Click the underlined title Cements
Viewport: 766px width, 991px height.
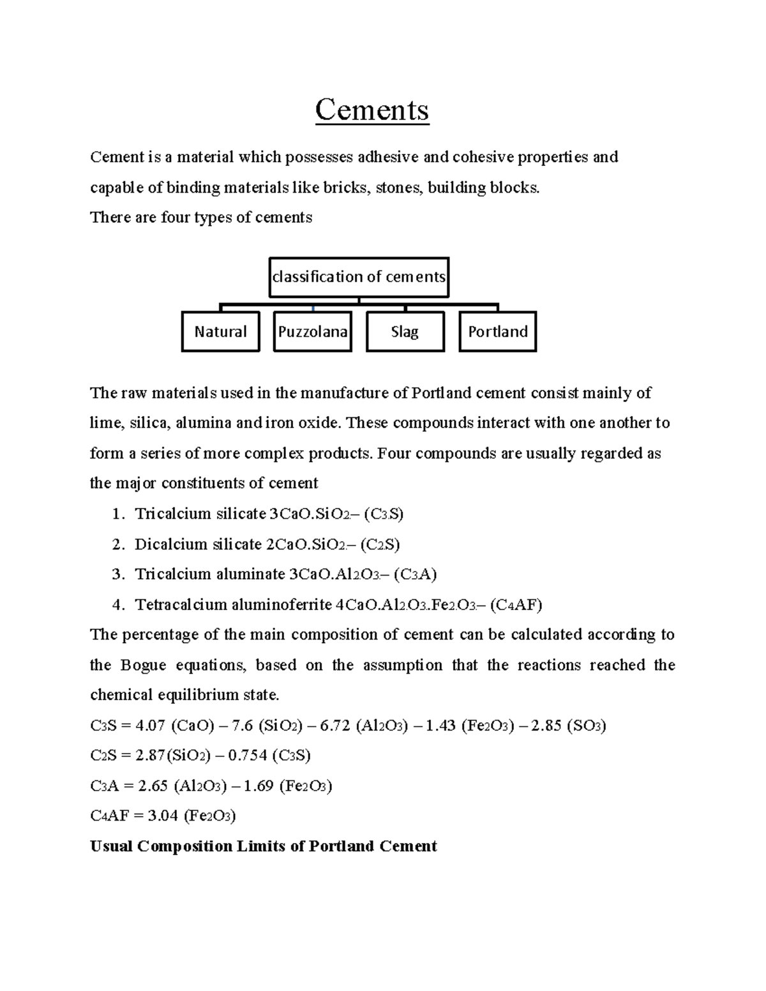pyautogui.click(x=372, y=110)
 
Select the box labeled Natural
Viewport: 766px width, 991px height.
pyautogui.click(x=220, y=332)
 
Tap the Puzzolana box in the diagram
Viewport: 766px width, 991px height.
pyautogui.click(x=313, y=332)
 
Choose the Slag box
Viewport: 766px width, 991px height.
pyautogui.click(x=405, y=332)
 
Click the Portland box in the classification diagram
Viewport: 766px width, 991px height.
pyautogui.click(x=498, y=332)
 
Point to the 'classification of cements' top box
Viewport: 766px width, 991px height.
pyautogui.click(x=359, y=277)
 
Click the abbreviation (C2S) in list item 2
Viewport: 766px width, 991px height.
pyautogui.click(x=380, y=544)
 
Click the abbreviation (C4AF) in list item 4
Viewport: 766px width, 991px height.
pyautogui.click(x=516, y=605)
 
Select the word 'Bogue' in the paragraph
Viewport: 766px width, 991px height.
pyautogui.click(x=143, y=666)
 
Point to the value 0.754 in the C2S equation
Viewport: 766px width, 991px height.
pyautogui.click(x=247, y=756)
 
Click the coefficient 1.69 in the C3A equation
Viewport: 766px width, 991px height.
pyautogui.click(x=259, y=786)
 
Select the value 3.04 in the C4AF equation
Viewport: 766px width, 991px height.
pyautogui.click(x=162, y=816)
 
